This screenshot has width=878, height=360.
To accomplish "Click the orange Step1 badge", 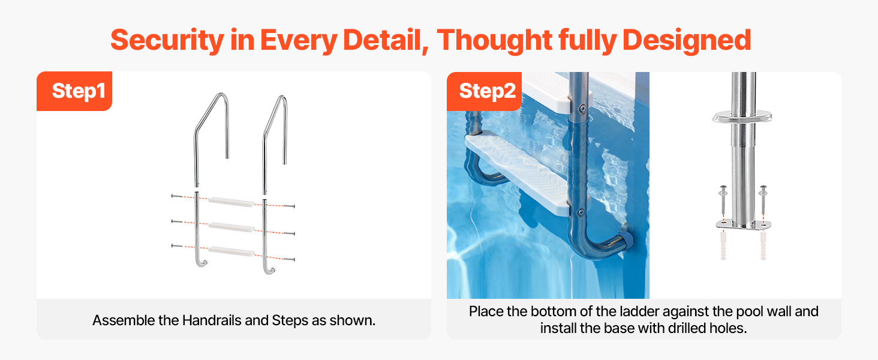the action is (74, 91).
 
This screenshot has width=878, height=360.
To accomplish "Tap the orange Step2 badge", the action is (484, 91).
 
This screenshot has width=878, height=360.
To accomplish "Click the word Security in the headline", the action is (167, 40).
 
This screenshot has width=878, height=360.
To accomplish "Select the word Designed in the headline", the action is (687, 40).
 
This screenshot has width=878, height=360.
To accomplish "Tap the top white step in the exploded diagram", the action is (231, 202).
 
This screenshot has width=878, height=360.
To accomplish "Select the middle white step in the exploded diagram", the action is (231, 227).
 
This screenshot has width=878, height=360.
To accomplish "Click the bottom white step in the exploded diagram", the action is (231, 251).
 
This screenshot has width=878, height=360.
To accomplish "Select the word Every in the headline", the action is (299, 40).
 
